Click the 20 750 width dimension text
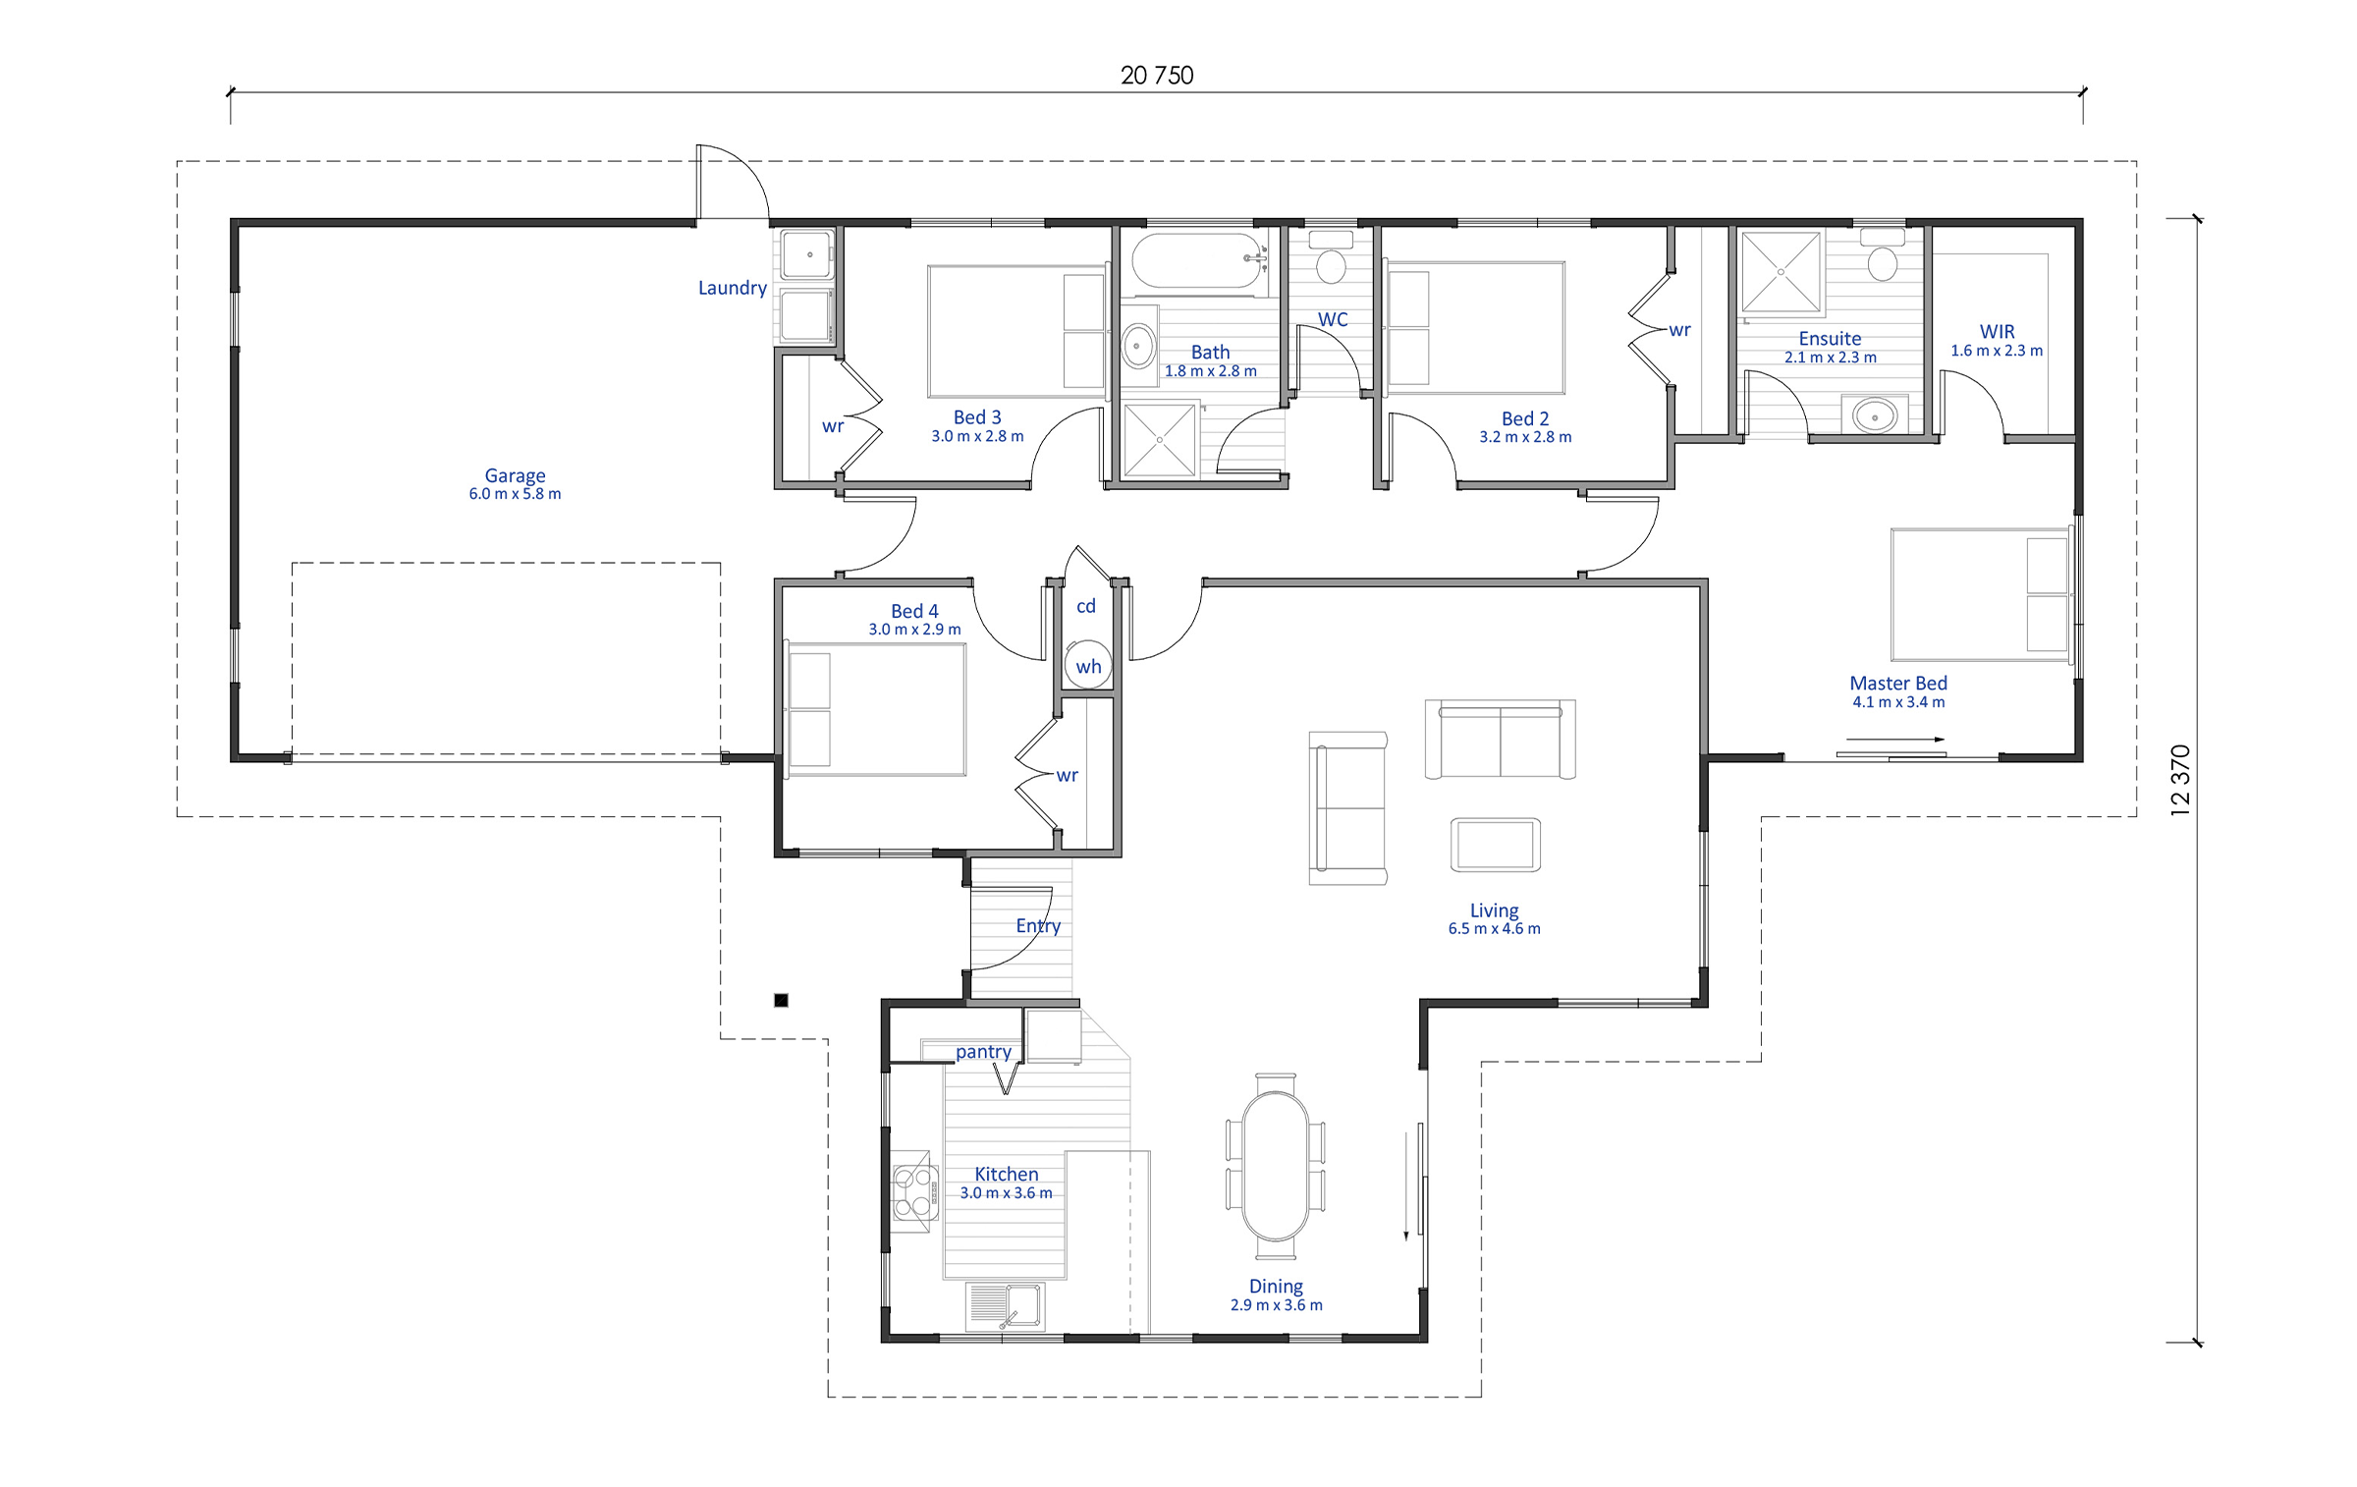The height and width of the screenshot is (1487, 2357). [x=1157, y=76]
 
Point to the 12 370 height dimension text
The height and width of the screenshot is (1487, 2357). [x=2180, y=781]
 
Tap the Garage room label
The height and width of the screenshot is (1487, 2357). [x=515, y=475]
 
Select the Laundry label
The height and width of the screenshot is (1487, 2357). [x=733, y=288]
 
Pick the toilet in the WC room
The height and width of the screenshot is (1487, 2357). [x=1332, y=257]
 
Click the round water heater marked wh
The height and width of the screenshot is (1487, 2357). [x=1088, y=665]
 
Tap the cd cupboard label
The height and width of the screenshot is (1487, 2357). [x=1086, y=606]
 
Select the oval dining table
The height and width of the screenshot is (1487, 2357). [x=1276, y=1166]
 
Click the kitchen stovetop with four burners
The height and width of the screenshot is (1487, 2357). [x=913, y=1191]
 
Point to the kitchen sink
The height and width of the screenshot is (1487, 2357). [x=1005, y=1307]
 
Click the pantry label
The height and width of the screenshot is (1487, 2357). [x=983, y=1052]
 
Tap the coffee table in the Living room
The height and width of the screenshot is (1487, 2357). [x=1495, y=845]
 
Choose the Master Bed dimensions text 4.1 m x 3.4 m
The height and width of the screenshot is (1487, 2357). [x=1898, y=702]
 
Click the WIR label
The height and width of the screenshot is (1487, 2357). [x=1997, y=332]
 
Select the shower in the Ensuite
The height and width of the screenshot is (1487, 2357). [x=1781, y=272]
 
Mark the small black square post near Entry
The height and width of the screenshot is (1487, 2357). [x=781, y=1001]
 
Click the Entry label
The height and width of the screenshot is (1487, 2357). [x=1038, y=925]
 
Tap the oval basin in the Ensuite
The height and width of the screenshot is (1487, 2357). [x=1875, y=415]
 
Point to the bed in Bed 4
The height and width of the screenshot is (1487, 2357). [x=875, y=710]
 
